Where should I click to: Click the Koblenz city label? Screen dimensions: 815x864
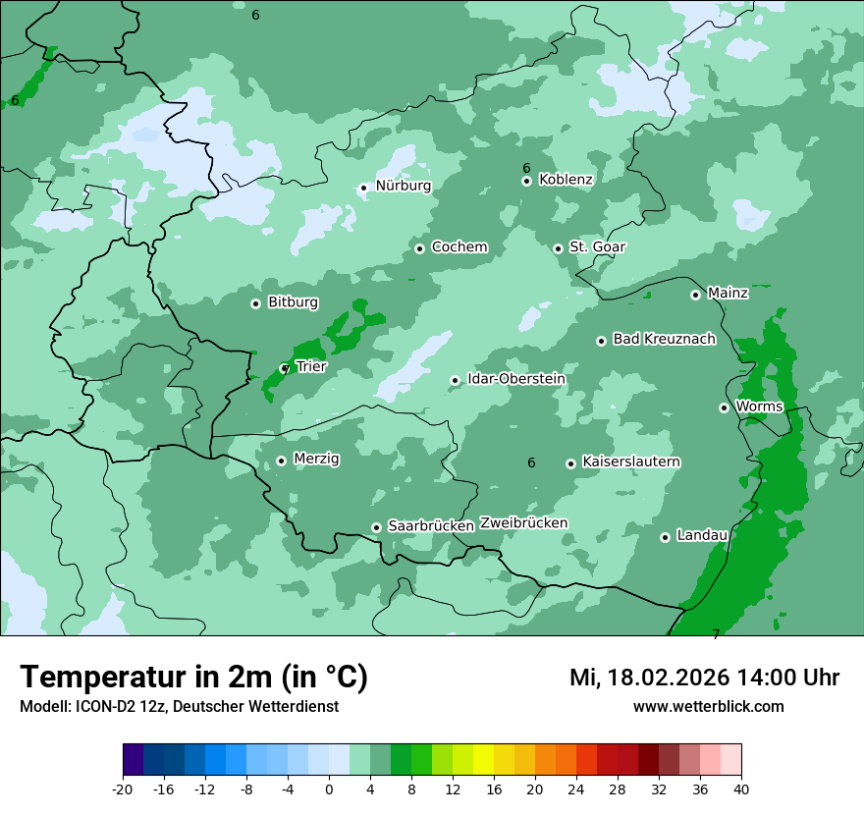click(x=566, y=180)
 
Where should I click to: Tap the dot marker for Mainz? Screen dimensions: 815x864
click(x=695, y=295)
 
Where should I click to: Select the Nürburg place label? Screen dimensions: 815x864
click(x=403, y=186)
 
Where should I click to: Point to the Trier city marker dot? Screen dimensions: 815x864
click(x=285, y=368)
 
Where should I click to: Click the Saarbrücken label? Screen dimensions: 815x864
click(x=431, y=526)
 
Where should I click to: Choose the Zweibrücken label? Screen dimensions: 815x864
click(x=523, y=523)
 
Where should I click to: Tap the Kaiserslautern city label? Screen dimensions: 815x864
click(x=631, y=462)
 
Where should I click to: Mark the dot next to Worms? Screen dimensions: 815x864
click(x=724, y=407)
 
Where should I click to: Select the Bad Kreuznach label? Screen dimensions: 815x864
click(x=664, y=340)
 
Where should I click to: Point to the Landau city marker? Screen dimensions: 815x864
click(x=665, y=537)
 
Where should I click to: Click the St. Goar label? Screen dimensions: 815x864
click(x=597, y=247)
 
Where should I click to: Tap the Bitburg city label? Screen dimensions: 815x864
click(x=293, y=302)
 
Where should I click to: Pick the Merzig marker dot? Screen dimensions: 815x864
click(x=281, y=461)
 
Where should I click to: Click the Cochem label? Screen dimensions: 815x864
click(x=459, y=247)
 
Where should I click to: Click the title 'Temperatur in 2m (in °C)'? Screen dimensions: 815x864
click(x=193, y=678)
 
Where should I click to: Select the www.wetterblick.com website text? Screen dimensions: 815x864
click(x=708, y=707)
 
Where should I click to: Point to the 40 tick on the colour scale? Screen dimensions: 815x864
click(x=740, y=788)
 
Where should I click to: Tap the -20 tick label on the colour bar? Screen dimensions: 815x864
click(x=123, y=788)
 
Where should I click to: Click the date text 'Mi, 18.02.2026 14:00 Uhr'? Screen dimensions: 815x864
click(x=704, y=679)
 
